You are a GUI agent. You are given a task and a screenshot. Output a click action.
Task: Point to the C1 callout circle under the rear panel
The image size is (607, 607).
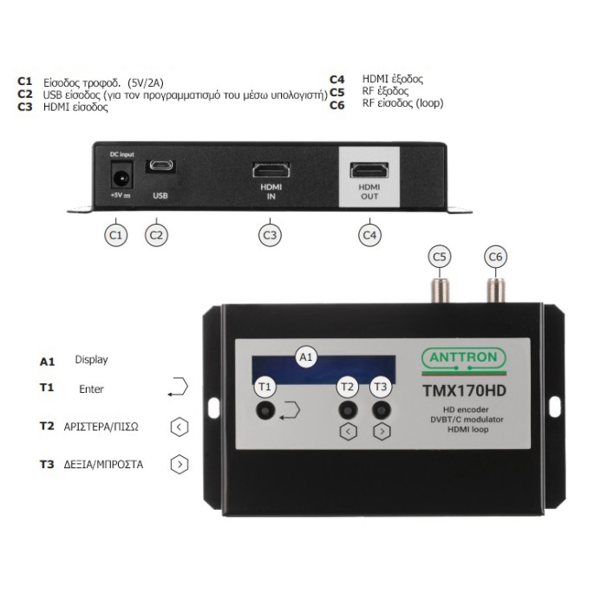(116, 234)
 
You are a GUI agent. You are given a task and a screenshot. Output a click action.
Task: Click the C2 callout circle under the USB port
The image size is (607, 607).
(156, 234)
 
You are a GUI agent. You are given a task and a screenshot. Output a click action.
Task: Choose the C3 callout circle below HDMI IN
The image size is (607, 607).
(271, 234)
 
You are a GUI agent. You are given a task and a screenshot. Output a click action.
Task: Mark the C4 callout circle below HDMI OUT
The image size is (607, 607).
(369, 234)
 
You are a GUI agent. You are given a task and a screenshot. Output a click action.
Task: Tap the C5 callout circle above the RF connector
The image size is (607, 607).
(441, 256)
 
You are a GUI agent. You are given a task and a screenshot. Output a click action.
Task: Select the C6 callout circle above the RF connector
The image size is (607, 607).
(496, 256)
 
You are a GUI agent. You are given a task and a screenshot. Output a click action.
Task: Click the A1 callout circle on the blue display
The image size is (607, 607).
(305, 356)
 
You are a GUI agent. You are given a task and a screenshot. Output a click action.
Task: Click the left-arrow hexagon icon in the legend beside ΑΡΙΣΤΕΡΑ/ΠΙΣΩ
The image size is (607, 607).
(179, 428)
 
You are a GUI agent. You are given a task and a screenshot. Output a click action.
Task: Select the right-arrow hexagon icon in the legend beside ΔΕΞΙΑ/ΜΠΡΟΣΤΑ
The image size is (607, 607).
(179, 464)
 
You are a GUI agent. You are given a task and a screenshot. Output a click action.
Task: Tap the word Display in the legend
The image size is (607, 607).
(91, 360)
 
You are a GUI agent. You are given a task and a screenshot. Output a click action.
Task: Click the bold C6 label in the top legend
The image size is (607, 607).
(337, 105)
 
